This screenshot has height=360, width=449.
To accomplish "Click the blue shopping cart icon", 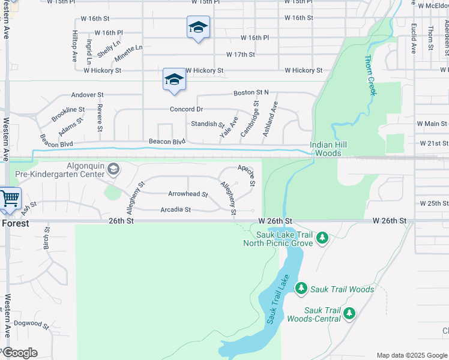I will [9, 198].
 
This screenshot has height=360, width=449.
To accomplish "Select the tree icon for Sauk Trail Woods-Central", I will [349, 313].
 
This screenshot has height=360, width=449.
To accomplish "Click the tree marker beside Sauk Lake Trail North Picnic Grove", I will [322, 238].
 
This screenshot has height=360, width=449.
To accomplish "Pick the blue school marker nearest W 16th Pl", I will [198, 28].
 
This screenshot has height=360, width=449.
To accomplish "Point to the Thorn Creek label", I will [370, 76].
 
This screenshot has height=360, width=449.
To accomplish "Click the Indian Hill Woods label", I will [325, 149].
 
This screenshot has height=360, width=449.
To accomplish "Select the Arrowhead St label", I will [188, 194].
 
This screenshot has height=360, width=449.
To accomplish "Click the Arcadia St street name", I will [175, 209].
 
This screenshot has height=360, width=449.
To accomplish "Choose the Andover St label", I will [88, 95].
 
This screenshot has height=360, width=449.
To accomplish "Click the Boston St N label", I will [251, 93].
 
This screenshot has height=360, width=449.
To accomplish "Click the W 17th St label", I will [241, 55].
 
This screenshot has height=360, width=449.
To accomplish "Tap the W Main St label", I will [432, 124].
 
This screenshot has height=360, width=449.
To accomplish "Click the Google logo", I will [20, 353].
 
